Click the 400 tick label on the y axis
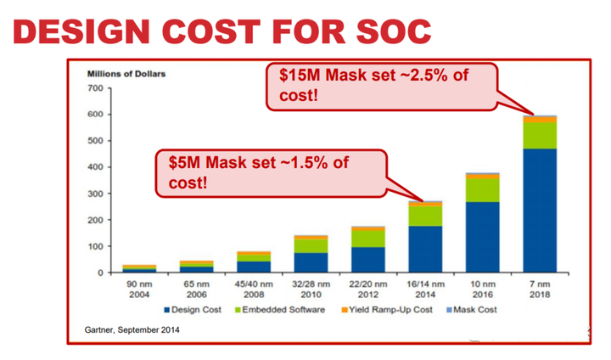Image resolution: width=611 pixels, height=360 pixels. pyautogui.click(x=94, y=167)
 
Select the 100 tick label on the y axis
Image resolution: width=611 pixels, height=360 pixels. pyautogui.click(x=94, y=246)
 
